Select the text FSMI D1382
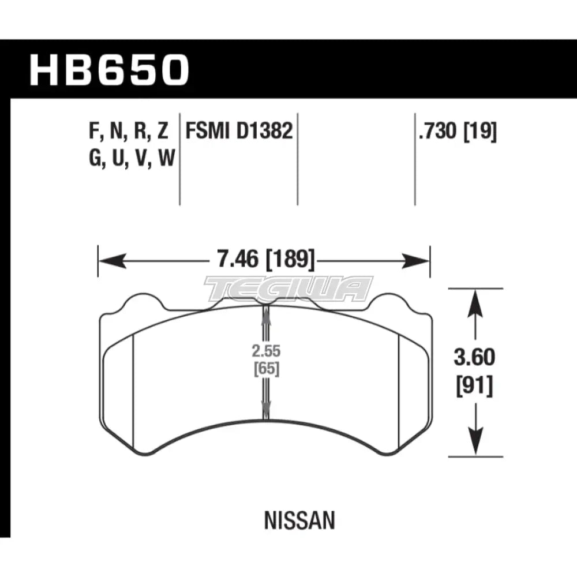(x=238, y=133)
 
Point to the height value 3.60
(x=474, y=358)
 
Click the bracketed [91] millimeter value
(x=474, y=385)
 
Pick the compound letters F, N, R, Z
(x=129, y=133)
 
